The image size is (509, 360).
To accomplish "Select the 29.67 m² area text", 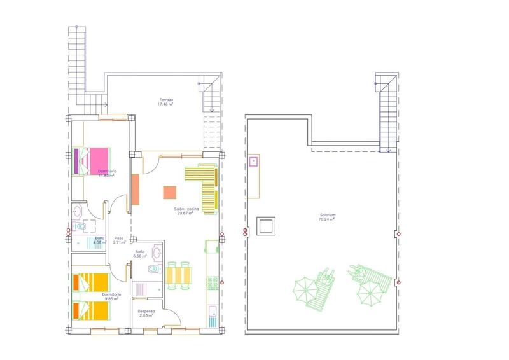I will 186,214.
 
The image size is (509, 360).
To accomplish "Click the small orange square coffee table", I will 169,192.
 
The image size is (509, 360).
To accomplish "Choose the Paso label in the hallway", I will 118,237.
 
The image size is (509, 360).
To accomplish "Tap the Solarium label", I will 328,215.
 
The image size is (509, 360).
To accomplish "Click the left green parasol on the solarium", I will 304,289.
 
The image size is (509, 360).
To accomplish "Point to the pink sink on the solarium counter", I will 253,161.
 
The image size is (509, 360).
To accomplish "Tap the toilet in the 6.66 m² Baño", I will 151,270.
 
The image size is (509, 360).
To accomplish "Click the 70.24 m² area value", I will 328,220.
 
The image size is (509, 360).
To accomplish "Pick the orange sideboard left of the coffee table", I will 136,189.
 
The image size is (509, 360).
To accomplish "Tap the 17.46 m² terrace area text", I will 165,105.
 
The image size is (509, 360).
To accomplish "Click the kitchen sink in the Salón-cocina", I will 211,312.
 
